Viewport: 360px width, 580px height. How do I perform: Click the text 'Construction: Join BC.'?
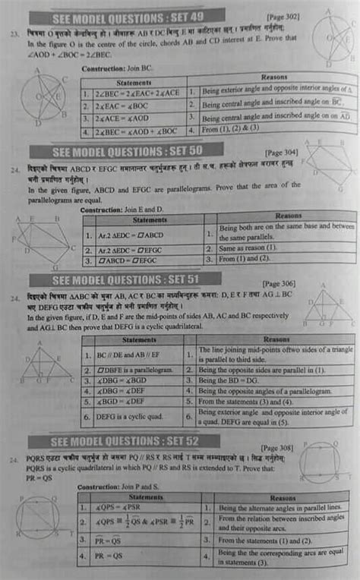[109, 68]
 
